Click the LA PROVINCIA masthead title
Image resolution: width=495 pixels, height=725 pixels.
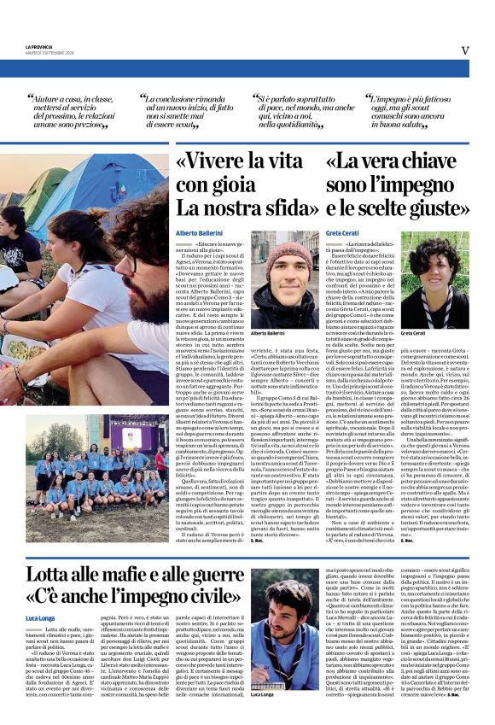38,46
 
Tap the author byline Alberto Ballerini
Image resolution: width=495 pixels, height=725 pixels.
198,232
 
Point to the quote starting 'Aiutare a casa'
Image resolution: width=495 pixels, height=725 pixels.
75,110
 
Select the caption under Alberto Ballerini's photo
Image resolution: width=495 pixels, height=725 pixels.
268,333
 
